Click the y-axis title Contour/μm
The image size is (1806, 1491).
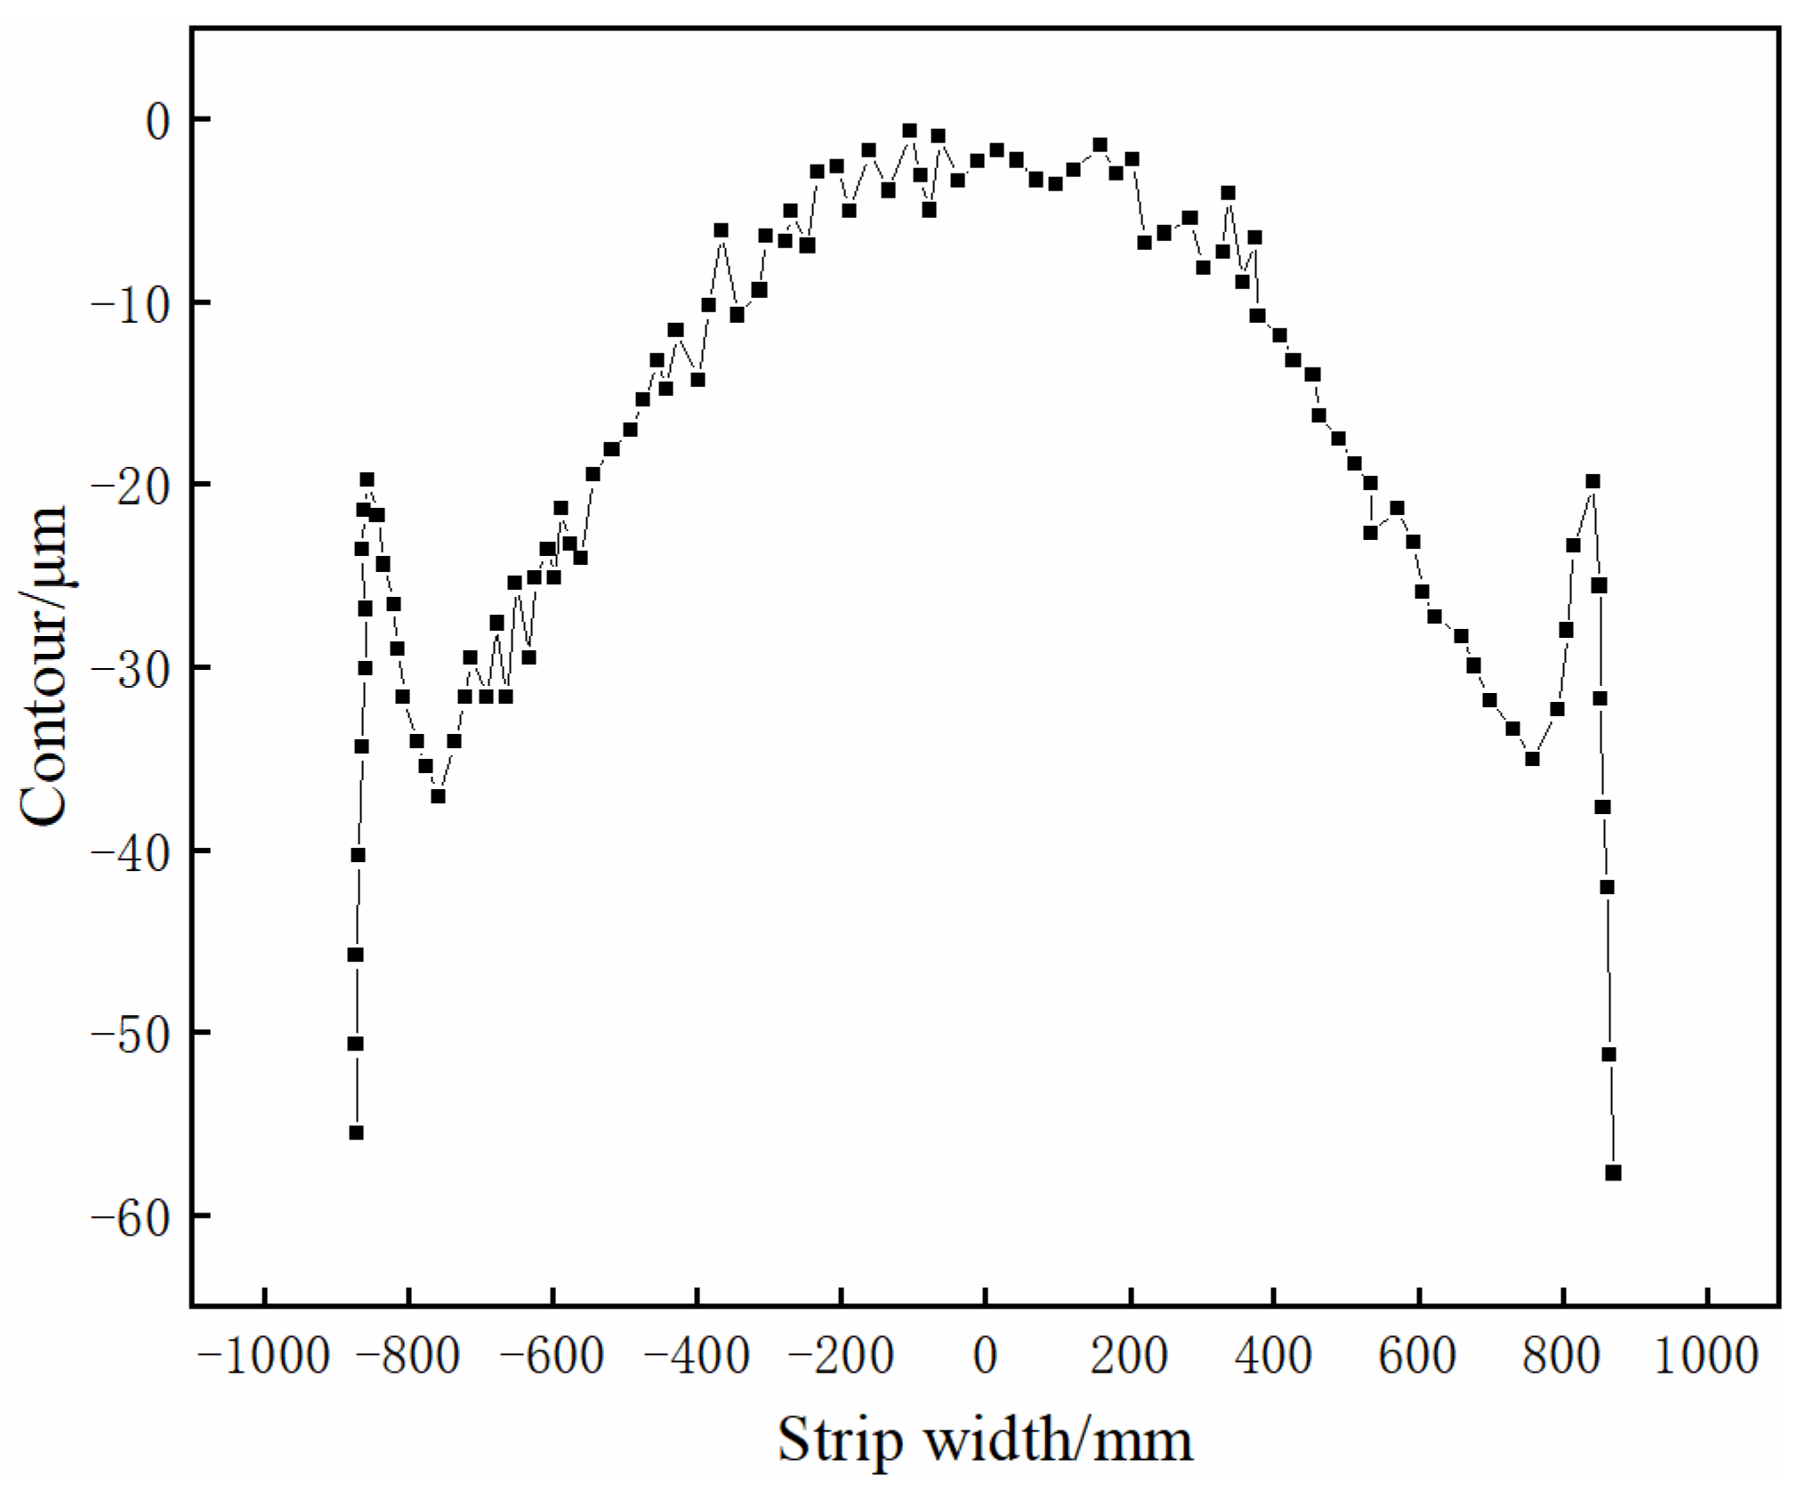[44, 667]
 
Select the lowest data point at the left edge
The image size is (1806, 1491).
[356, 1132]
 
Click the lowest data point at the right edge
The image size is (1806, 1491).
[1613, 1173]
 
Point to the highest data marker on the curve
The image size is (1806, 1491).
[909, 131]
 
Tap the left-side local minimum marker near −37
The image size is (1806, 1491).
[438, 796]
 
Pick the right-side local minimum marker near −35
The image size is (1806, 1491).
[1532, 759]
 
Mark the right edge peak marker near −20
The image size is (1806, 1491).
[1592, 481]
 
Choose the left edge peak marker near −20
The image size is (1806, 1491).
[367, 480]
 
